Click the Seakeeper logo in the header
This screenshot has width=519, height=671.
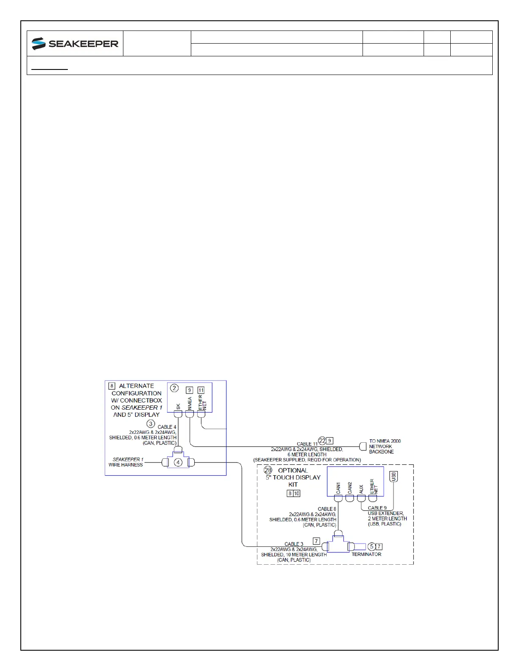[75, 44]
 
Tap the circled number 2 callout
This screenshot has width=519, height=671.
[174, 388]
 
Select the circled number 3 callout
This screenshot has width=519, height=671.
[151, 424]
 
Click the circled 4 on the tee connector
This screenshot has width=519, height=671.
[178, 463]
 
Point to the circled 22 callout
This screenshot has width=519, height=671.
[322, 441]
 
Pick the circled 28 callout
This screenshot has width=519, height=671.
[268, 470]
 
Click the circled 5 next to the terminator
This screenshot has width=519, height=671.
[372, 546]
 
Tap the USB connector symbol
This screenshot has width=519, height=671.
[393, 477]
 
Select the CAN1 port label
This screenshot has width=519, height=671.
[338, 488]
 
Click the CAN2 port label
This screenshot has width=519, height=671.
[350, 488]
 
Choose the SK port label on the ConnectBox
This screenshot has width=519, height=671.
[179, 407]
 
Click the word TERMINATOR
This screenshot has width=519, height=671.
[366, 555]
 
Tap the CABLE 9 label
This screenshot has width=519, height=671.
[377, 508]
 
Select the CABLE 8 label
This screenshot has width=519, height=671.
[327, 509]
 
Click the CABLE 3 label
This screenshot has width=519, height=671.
[294, 544]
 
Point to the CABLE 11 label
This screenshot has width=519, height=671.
[307, 444]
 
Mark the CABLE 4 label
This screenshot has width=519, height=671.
[167, 427]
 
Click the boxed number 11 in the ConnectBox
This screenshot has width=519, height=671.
[201, 390]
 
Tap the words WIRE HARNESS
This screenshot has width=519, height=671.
[126, 465]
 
